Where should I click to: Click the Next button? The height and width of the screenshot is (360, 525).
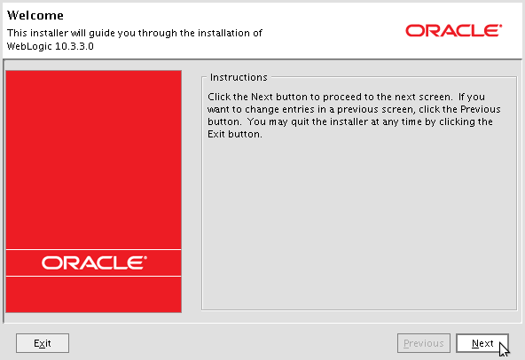[x=482, y=343]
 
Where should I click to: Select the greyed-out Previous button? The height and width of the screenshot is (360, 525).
[x=424, y=343]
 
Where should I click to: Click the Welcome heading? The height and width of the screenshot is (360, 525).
[x=35, y=15]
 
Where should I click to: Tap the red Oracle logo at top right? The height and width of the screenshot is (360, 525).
[x=454, y=30]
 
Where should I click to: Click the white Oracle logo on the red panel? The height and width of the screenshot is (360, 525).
[x=94, y=262]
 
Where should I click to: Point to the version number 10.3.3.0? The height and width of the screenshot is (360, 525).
[x=74, y=46]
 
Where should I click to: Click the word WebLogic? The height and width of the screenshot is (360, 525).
[x=29, y=46]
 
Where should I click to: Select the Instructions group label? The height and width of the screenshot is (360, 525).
[x=239, y=77]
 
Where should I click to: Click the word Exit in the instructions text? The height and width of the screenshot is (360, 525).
[x=215, y=134]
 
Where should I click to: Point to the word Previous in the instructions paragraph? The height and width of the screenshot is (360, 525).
[x=480, y=109]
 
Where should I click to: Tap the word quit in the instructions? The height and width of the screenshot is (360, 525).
[x=300, y=121]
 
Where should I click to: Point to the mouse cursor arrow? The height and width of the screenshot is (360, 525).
[x=504, y=350]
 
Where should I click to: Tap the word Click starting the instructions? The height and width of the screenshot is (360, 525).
[x=219, y=97]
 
